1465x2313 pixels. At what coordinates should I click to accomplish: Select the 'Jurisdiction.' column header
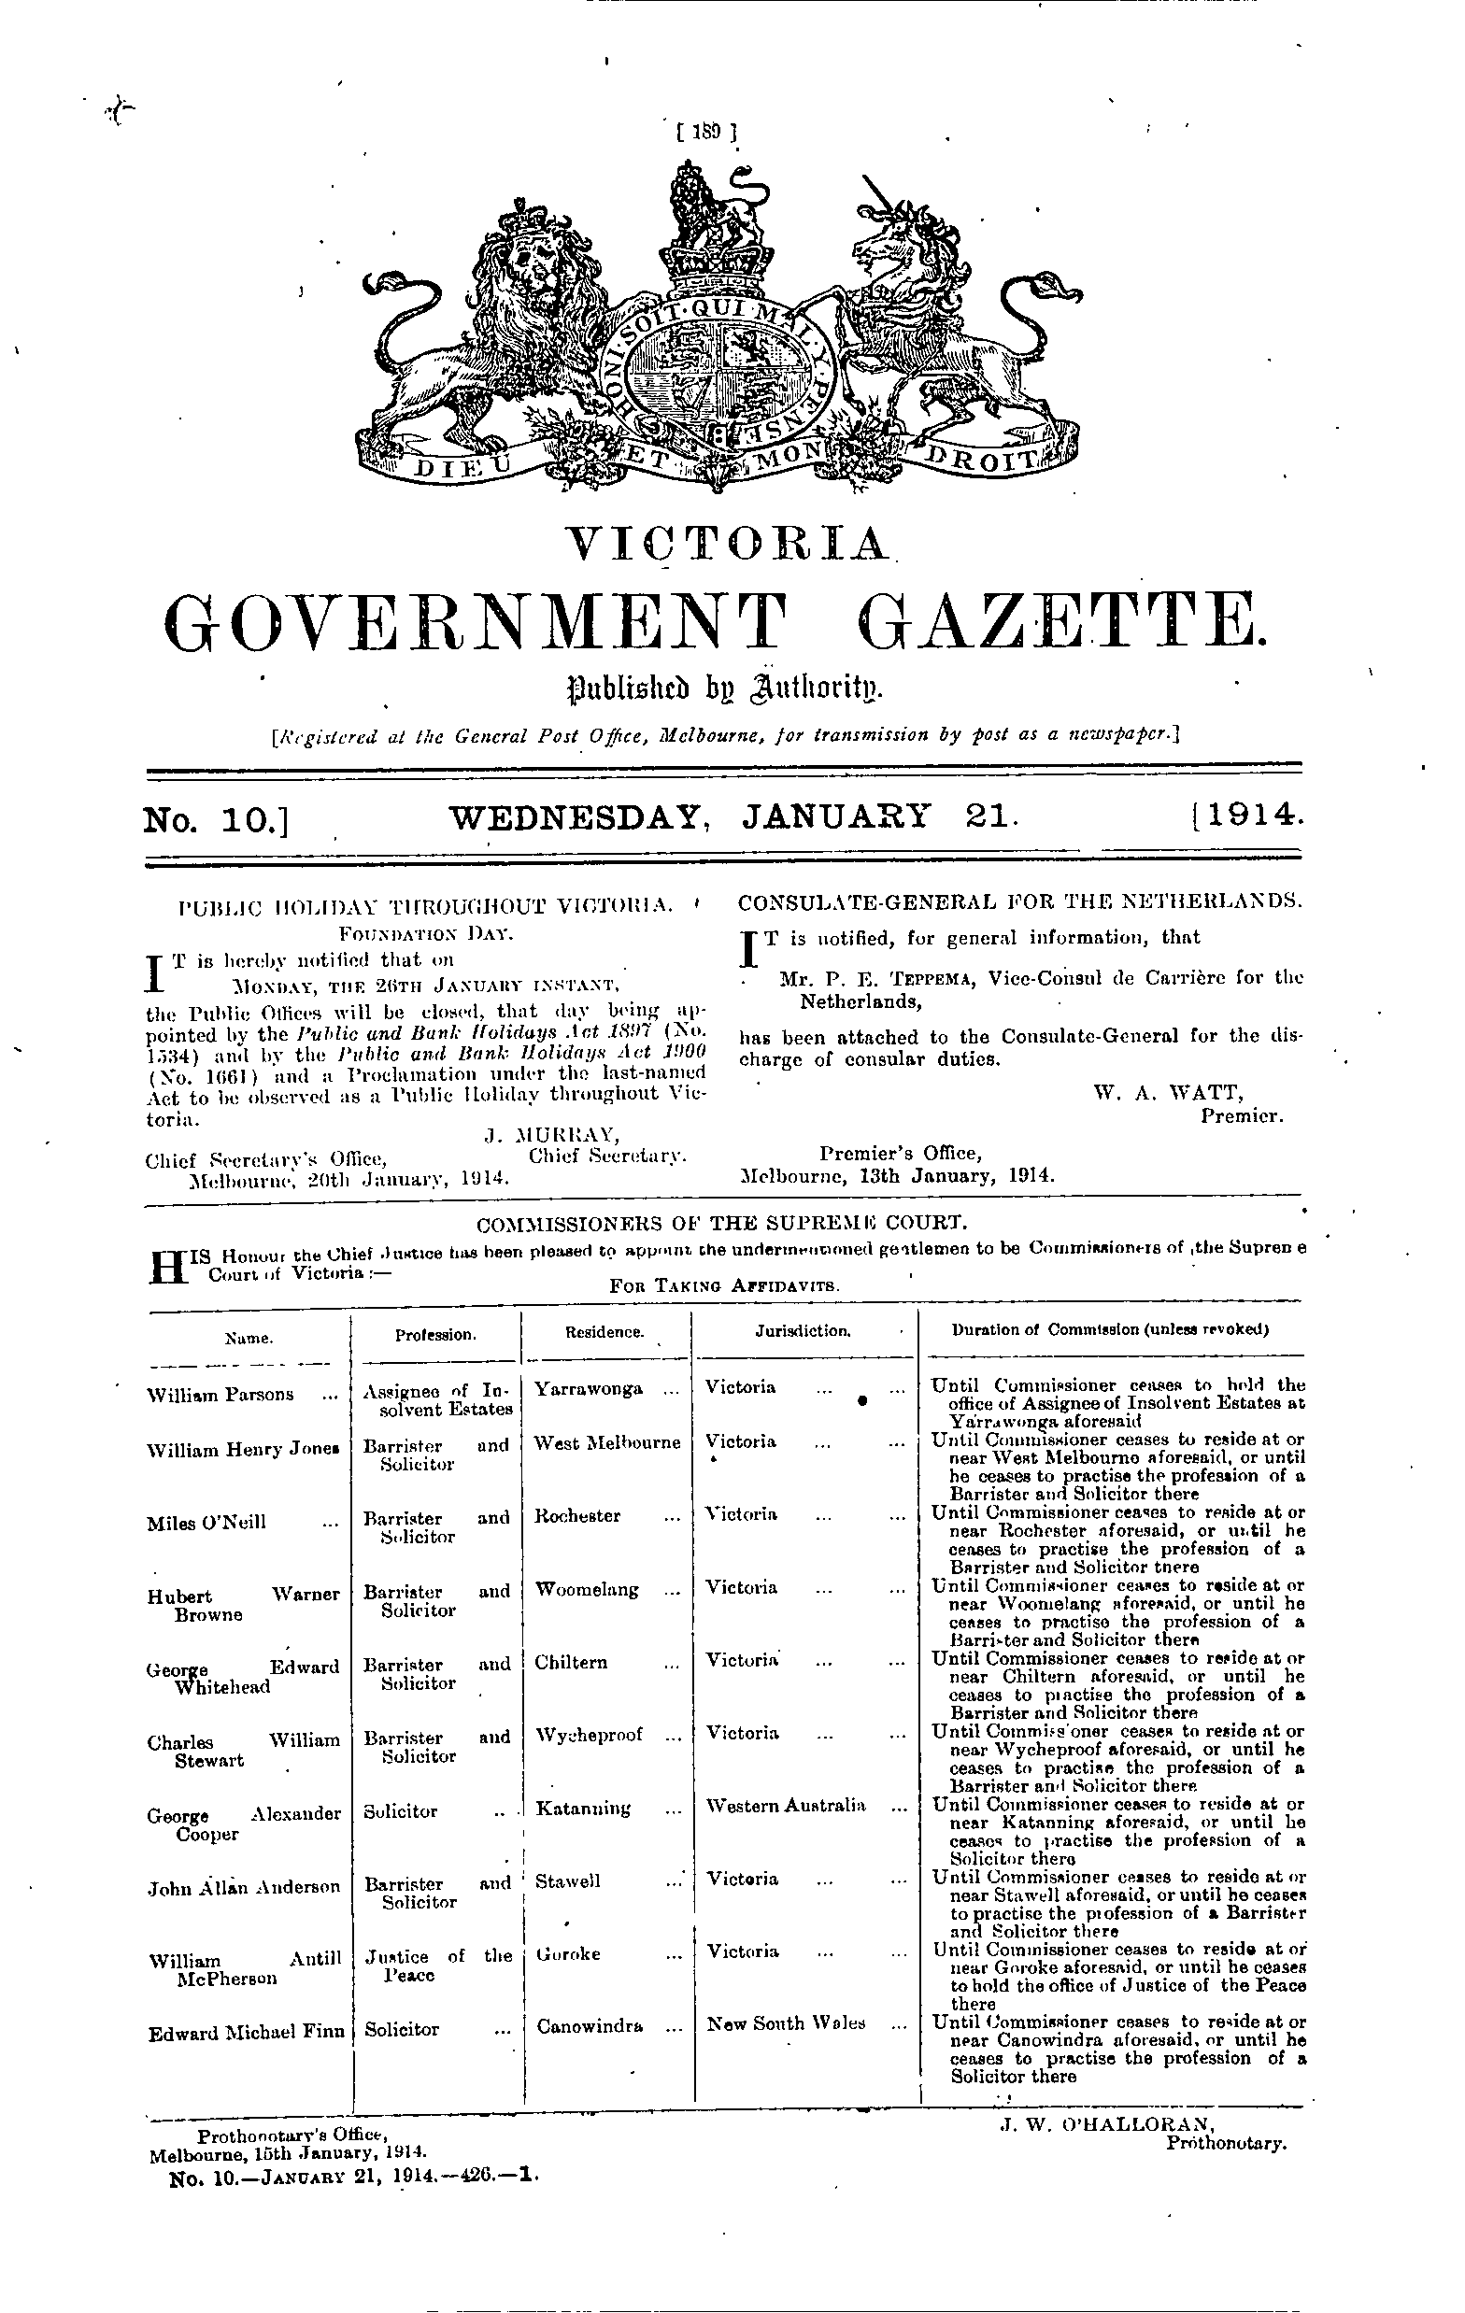tap(803, 1330)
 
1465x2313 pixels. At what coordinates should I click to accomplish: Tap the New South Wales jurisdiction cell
tap(786, 2022)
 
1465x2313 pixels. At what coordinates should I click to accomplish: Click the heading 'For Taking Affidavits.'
tap(725, 1284)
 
